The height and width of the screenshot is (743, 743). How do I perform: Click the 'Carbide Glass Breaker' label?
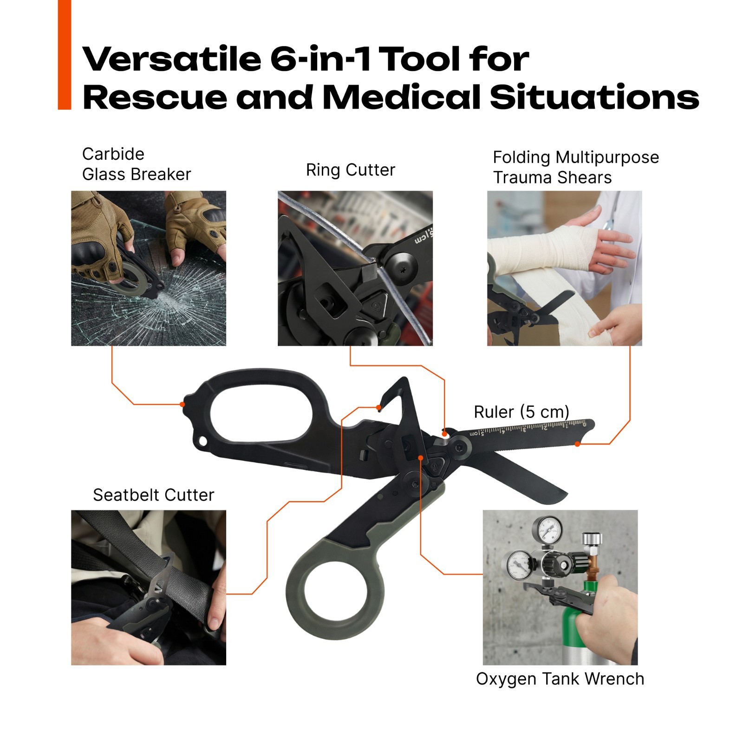pos(137,164)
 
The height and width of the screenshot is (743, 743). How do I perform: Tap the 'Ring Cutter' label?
pos(351,170)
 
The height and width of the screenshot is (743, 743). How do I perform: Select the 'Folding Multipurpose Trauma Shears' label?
pos(576,167)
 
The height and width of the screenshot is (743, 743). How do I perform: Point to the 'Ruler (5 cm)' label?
pos(521,412)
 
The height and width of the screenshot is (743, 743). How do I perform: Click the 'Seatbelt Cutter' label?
pos(154,495)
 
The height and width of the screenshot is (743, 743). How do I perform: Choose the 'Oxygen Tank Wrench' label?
pos(560,679)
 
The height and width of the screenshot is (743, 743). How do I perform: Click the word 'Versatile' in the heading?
pos(172,59)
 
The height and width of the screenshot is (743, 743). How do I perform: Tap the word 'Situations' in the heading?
pos(594,97)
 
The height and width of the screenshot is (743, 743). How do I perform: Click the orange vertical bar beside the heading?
pos(65,55)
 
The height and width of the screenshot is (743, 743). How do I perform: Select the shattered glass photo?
pos(149,268)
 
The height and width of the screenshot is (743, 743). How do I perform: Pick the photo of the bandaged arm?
pos(565,268)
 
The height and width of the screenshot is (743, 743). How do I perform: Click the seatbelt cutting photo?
pos(149,588)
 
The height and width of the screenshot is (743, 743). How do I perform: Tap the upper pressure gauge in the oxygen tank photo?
pos(547,529)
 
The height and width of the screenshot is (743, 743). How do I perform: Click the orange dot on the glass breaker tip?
pos(182,404)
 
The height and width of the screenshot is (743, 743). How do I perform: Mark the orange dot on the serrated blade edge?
pos(577,444)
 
